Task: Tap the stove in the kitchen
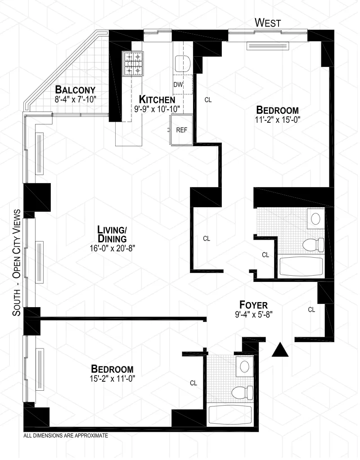pos(133,63)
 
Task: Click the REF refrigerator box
pos(181,130)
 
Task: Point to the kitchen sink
pos(183,63)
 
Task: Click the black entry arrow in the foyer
pos(280,350)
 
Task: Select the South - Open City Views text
pos(17,263)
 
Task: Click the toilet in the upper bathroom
pos(314,245)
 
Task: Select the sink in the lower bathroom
pos(245,366)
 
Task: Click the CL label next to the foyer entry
pos(311,309)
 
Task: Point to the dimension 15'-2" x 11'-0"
pos(112,379)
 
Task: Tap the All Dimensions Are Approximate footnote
pos(65,436)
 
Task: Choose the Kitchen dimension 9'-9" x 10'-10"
pos(157,108)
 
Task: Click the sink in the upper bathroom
pos(316,219)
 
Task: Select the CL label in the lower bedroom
pos(193,383)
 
